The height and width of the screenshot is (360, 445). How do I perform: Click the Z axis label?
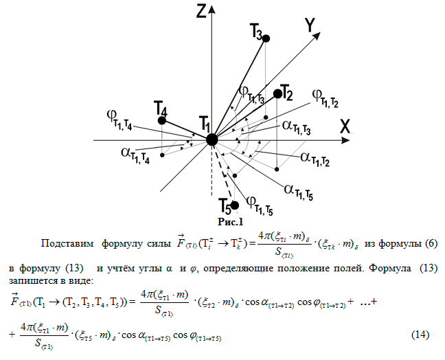tap(201, 11)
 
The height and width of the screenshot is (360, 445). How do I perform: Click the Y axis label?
tap(310, 25)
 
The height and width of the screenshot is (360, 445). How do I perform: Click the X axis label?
tap(345, 126)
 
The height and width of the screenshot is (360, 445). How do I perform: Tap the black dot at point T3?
tap(266, 38)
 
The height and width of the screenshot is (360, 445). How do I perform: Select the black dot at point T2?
tap(278, 93)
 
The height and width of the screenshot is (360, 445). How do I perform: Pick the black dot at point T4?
tap(162, 121)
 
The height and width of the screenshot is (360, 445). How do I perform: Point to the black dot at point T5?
tap(235, 205)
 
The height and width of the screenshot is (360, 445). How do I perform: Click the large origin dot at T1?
tap(212, 140)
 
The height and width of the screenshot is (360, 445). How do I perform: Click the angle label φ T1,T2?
tap(326, 98)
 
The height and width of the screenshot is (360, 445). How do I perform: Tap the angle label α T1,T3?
tap(296, 128)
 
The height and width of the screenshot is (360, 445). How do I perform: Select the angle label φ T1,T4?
tap(119, 120)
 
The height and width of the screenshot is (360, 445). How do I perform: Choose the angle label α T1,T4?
tap(135, 155)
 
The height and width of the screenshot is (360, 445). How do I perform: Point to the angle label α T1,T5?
tap(299, 192)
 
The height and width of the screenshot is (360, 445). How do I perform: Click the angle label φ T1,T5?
tap(260, 205)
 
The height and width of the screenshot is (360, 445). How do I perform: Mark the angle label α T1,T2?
tap(315, 159)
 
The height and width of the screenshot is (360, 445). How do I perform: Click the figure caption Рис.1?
tap(231, 222)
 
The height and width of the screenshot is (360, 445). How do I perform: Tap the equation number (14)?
tap(420, 335)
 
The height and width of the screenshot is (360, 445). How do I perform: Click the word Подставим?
tap(67, 244)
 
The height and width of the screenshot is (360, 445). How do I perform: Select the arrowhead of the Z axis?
tap(212, 9)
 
